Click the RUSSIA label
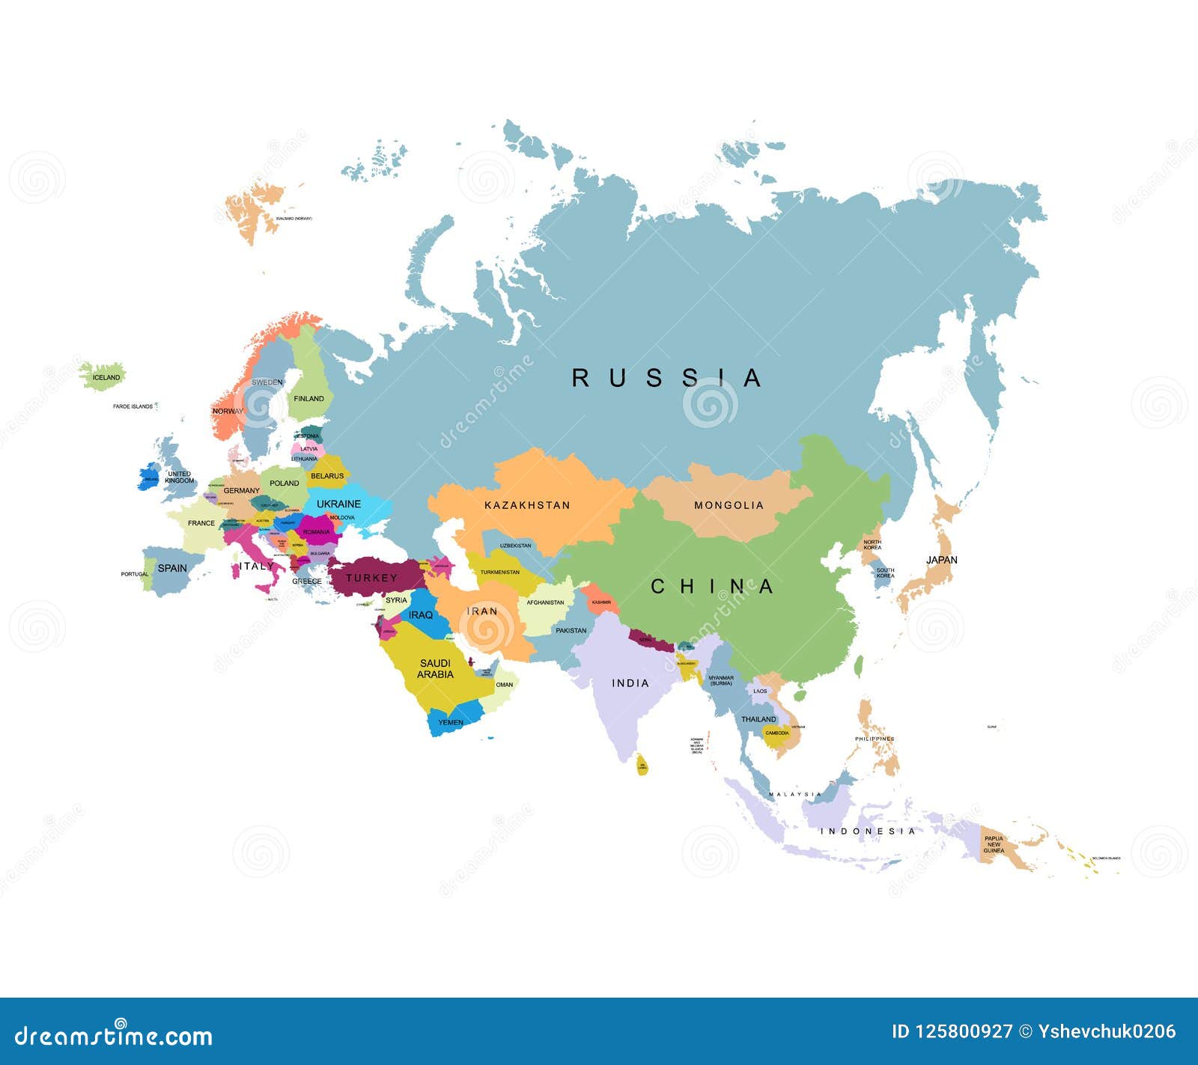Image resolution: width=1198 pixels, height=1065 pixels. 666,378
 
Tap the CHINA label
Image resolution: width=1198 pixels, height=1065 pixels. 711,587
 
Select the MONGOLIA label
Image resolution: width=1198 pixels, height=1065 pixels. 729,505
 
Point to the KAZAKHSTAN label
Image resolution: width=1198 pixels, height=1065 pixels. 527,505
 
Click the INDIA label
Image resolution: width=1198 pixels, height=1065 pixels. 630,683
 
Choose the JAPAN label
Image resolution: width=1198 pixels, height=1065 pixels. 941,560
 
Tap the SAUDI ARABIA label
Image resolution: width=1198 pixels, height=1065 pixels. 435,668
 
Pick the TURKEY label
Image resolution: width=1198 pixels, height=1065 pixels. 371,578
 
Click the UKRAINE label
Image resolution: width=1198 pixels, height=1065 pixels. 338,504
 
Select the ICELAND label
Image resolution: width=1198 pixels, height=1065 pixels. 106,377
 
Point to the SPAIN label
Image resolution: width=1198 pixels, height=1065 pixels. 172,568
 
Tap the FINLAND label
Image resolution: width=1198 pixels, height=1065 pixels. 308,399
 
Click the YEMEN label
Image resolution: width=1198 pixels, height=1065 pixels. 451,722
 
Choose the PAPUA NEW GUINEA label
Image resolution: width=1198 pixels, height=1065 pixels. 994,844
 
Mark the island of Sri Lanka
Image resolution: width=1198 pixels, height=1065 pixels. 642,766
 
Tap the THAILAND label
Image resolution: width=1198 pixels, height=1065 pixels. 758,719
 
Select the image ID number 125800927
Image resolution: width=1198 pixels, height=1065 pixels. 964,1031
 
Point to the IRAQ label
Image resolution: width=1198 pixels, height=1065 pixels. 421,615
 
